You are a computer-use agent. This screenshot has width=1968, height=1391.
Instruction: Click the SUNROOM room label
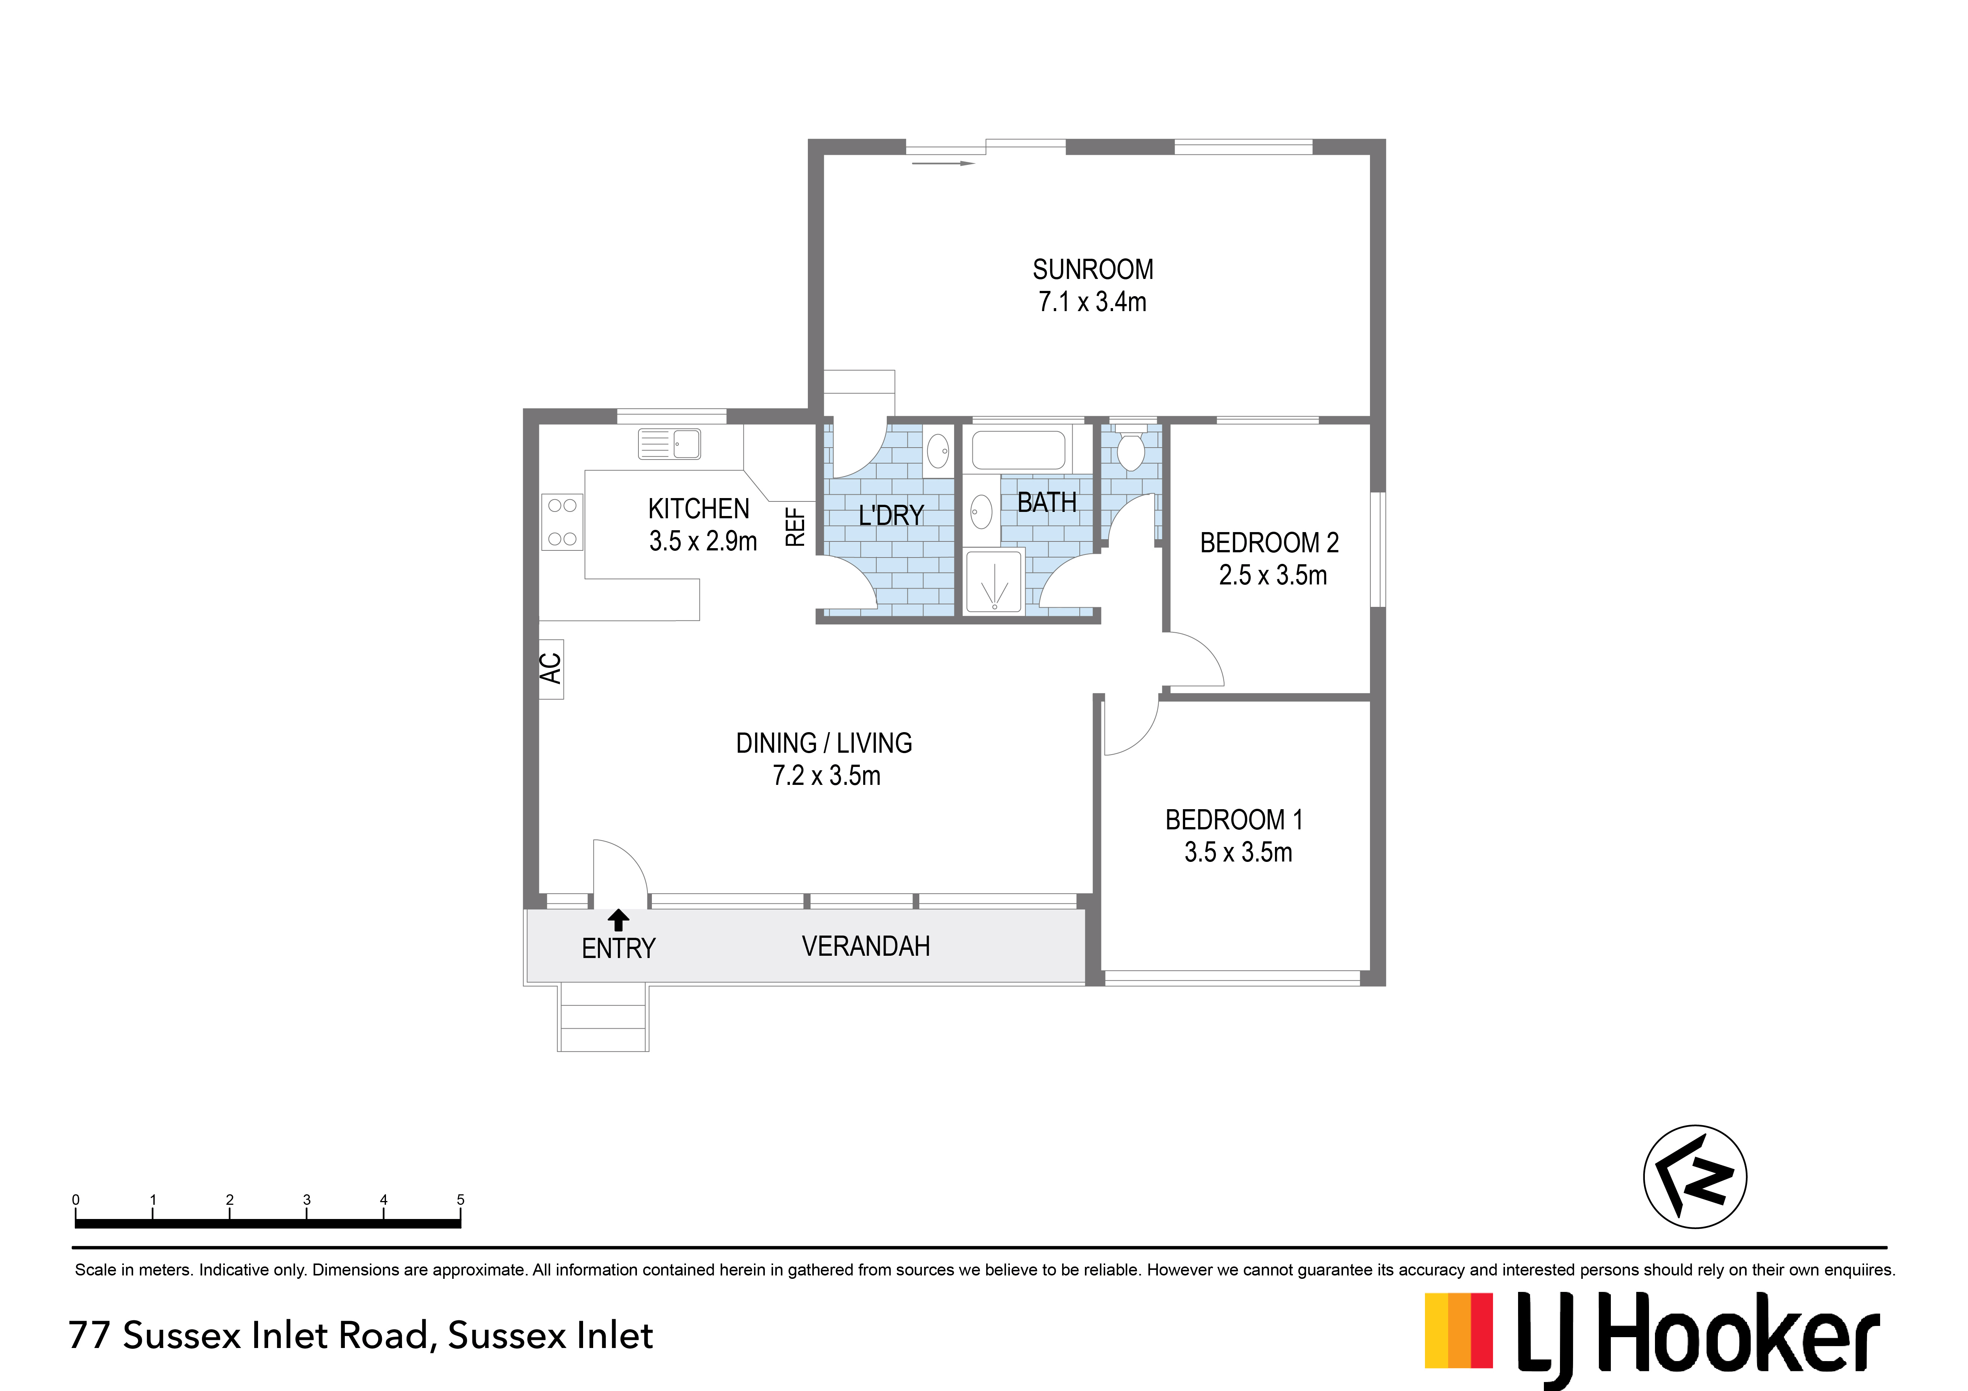point(1093,270)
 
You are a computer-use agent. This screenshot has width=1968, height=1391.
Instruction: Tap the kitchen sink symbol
point(669,444)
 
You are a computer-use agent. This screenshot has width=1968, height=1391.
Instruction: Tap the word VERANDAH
point(866,946)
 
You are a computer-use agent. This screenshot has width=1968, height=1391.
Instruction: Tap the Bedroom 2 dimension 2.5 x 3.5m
point(1273,575)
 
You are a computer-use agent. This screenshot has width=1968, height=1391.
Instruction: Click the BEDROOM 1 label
point(1234,820)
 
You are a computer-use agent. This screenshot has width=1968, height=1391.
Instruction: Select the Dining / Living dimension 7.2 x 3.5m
point(826,776)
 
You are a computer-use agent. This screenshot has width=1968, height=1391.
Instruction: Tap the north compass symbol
point(1695,1177)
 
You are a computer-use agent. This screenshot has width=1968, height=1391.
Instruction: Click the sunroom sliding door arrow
point(943,163)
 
